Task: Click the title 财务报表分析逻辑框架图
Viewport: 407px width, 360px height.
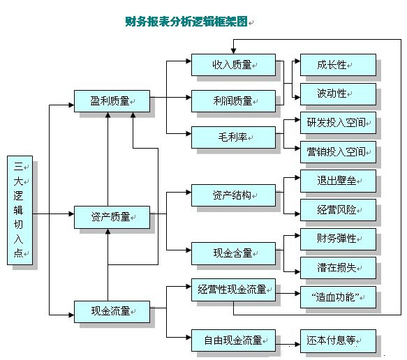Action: (186, 22)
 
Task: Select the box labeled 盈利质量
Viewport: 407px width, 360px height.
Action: (112, 101)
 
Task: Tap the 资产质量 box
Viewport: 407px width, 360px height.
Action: (112, 217)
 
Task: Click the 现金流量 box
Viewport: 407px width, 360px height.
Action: (112, 312)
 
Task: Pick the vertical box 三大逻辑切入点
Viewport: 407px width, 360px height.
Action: (20, 210)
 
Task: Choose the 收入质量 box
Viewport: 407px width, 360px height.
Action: (233, 65)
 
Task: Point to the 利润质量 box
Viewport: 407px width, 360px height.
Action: (233, 101)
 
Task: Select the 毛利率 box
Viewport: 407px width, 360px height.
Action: (233, 137)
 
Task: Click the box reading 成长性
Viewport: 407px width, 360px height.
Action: (338, 65)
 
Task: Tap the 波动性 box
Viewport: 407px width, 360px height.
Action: (338, 94)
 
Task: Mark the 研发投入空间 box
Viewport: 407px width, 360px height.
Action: (338, 123)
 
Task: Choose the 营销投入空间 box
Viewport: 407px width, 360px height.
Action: (338, 152)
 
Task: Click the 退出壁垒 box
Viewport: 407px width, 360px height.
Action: (338, 181)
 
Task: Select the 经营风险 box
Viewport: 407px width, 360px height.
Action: (338, 210)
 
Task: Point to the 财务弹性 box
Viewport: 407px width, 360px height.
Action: (338, 239)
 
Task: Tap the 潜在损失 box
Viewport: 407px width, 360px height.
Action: (338, 268)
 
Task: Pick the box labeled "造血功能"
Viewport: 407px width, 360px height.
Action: (338, 297)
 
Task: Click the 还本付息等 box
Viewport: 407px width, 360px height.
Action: (338, 341)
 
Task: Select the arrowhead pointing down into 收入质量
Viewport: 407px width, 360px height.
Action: (233, 51)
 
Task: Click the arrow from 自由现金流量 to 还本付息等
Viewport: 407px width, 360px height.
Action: (288, 345)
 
